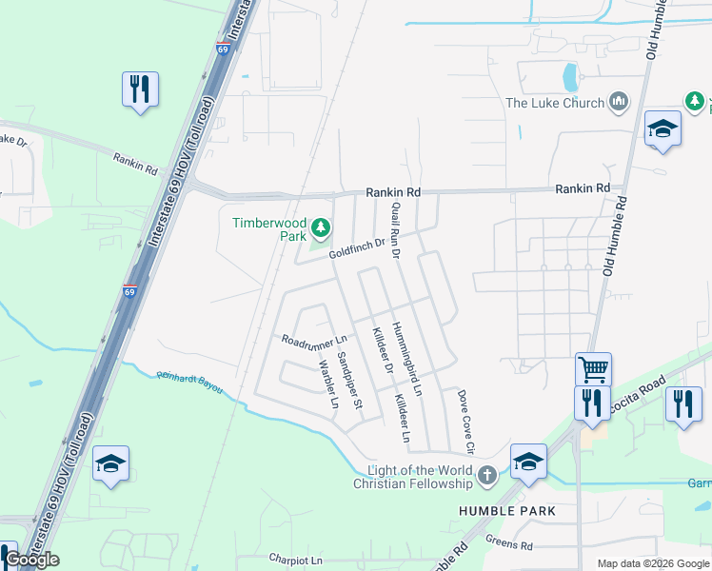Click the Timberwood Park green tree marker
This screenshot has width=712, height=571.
coord(322,226)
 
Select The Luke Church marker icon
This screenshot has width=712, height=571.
coord(619,101)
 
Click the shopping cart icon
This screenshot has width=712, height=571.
coord(593,368)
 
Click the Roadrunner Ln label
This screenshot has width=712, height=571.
coord(314,340)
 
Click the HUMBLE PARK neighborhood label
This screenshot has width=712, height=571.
coord(505,511)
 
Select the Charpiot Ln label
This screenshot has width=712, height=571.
coord(295,560)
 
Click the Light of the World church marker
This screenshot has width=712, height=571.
coord(487,475)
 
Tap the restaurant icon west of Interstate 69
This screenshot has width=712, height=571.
coord(140,89)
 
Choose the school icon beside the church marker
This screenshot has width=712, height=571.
coord(528,462)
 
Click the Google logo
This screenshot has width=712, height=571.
coord(32,560)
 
